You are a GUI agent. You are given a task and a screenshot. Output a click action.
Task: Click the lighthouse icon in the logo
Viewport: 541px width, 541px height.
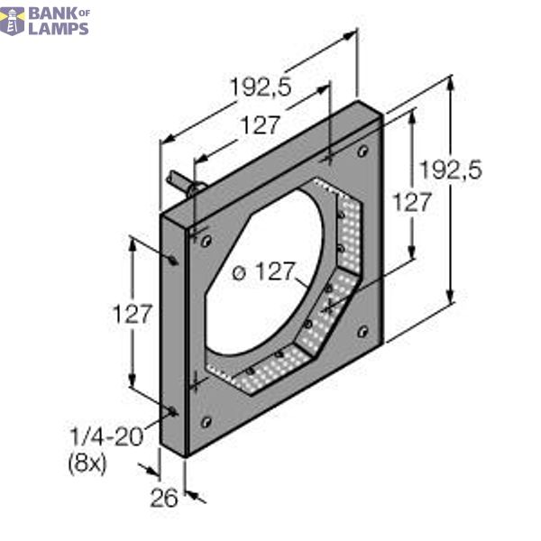pos(12,21)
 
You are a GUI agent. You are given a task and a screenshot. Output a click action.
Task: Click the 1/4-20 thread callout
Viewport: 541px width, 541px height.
pos(106,437)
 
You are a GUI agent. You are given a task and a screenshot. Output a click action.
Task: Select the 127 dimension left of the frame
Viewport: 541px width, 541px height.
pos(133,315)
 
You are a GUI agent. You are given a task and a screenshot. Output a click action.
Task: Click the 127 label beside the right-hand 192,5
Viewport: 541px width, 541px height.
pos(413,203)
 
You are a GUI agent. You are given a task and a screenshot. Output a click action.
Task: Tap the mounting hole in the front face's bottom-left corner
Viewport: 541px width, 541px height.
pos(206,422)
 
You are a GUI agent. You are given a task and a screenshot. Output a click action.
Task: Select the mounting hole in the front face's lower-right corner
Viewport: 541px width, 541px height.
pos(363,330)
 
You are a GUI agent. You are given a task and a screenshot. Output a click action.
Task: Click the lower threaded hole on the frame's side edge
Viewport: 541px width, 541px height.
pos(173,412)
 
